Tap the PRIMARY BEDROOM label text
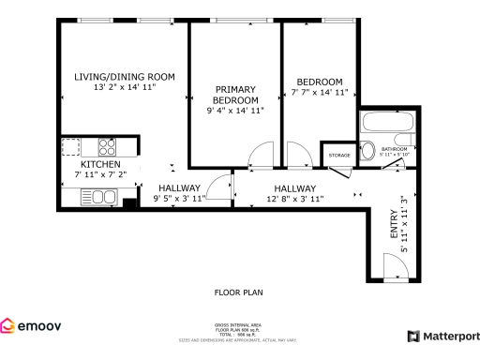[235, 95]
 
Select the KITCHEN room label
[100, 165]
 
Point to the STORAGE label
[338, 154]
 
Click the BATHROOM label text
[394, 148]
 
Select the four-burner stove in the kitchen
[100, 147]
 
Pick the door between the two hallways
[220, 188]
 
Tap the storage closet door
[339, 170]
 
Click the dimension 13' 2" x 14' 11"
[125, 87]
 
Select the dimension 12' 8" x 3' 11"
[295, 199]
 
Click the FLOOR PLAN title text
[238, 292]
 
